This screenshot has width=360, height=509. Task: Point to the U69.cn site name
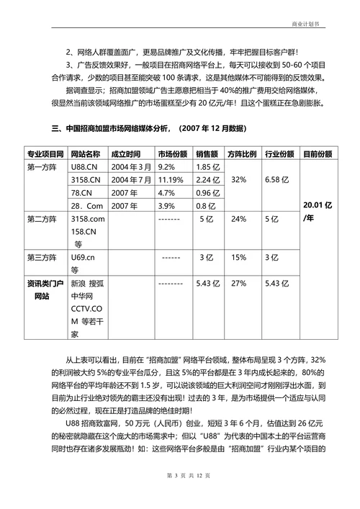(84, 257)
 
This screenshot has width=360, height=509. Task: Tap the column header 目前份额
(318, 153)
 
